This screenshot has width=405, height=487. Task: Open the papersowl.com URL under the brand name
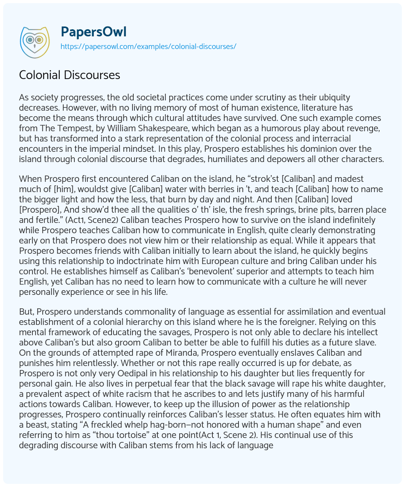tap(148, 46)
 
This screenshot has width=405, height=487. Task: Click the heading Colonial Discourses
tap(70, 74)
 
